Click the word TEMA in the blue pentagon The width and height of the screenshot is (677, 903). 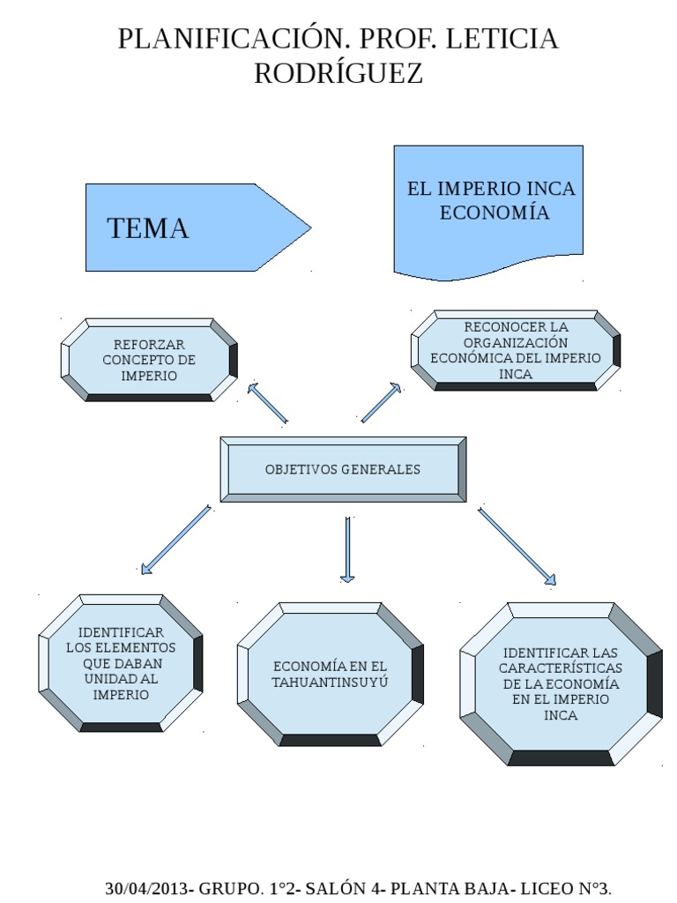[148, 228]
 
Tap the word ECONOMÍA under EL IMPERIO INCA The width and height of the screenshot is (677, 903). [494, 213]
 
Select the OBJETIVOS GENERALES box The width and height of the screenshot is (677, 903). [343, 469]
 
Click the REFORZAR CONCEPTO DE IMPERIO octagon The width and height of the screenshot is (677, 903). [149, 360]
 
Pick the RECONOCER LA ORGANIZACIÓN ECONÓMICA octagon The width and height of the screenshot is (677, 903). [516, 350]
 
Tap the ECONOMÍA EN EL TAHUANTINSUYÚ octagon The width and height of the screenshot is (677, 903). [330, 675]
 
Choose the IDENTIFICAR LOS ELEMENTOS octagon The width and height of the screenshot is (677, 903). [121, 663]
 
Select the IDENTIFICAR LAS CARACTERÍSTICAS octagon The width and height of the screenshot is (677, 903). [561, 683]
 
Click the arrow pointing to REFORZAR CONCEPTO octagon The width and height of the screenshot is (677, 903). [268, 403]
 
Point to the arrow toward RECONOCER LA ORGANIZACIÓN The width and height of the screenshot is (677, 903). [381, 403]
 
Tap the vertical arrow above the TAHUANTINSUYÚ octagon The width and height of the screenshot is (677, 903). [347, 549]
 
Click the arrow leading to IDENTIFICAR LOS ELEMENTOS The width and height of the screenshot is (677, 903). [175, 540]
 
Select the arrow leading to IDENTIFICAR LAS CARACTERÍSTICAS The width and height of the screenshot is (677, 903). [517, 547]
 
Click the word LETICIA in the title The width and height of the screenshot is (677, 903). [502, 40]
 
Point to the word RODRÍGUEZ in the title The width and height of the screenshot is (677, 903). [338, 74]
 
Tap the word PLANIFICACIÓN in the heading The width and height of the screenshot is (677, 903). [225, 40]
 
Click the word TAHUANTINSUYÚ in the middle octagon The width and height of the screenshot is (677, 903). [330, 683]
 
